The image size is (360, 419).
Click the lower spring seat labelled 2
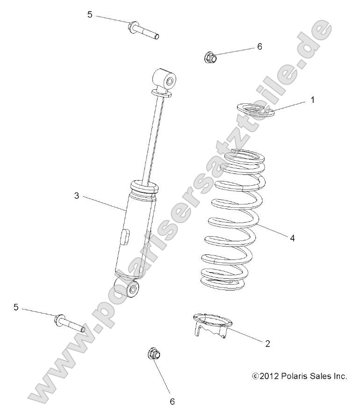pos(213,325)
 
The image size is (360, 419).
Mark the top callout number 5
pos(90,14)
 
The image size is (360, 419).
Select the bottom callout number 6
pos(172,401)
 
